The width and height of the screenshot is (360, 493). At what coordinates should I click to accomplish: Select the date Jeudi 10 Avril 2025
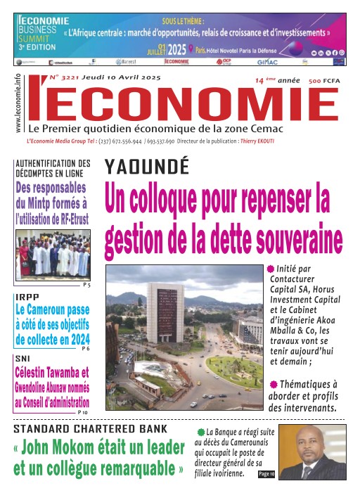(x=121, y=77)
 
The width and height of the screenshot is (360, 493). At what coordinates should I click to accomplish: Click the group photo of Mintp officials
(x=53, y=253)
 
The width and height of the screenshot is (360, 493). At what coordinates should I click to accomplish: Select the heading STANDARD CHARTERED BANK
(x=91, y=428)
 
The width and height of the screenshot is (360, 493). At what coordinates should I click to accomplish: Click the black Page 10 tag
(x=267, y=475)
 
